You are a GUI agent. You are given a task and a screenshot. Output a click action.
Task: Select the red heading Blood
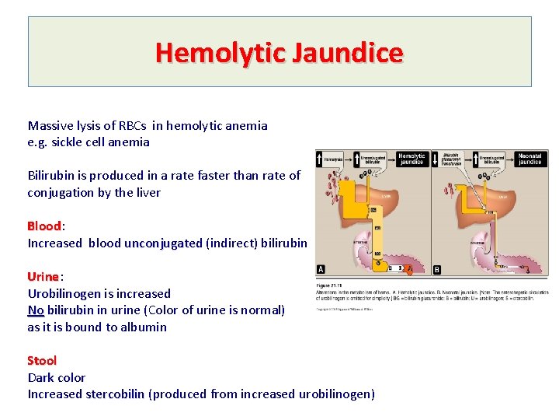[44, 226]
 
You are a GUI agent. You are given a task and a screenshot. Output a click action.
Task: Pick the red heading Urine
[43, 277]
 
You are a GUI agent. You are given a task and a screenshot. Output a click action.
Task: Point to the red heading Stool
[42, 361]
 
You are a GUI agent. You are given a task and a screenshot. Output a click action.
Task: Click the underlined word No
[36, 310]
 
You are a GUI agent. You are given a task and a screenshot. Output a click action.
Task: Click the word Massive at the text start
[50, 125]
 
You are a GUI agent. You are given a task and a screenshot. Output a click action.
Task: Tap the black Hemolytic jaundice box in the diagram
[411, 159]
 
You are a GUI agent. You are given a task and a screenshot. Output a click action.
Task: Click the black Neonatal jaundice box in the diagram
[529, 159]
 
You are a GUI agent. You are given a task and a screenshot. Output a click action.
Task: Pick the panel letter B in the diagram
[436, 270]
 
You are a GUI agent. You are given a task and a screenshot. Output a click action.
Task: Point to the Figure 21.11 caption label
[326, 285]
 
